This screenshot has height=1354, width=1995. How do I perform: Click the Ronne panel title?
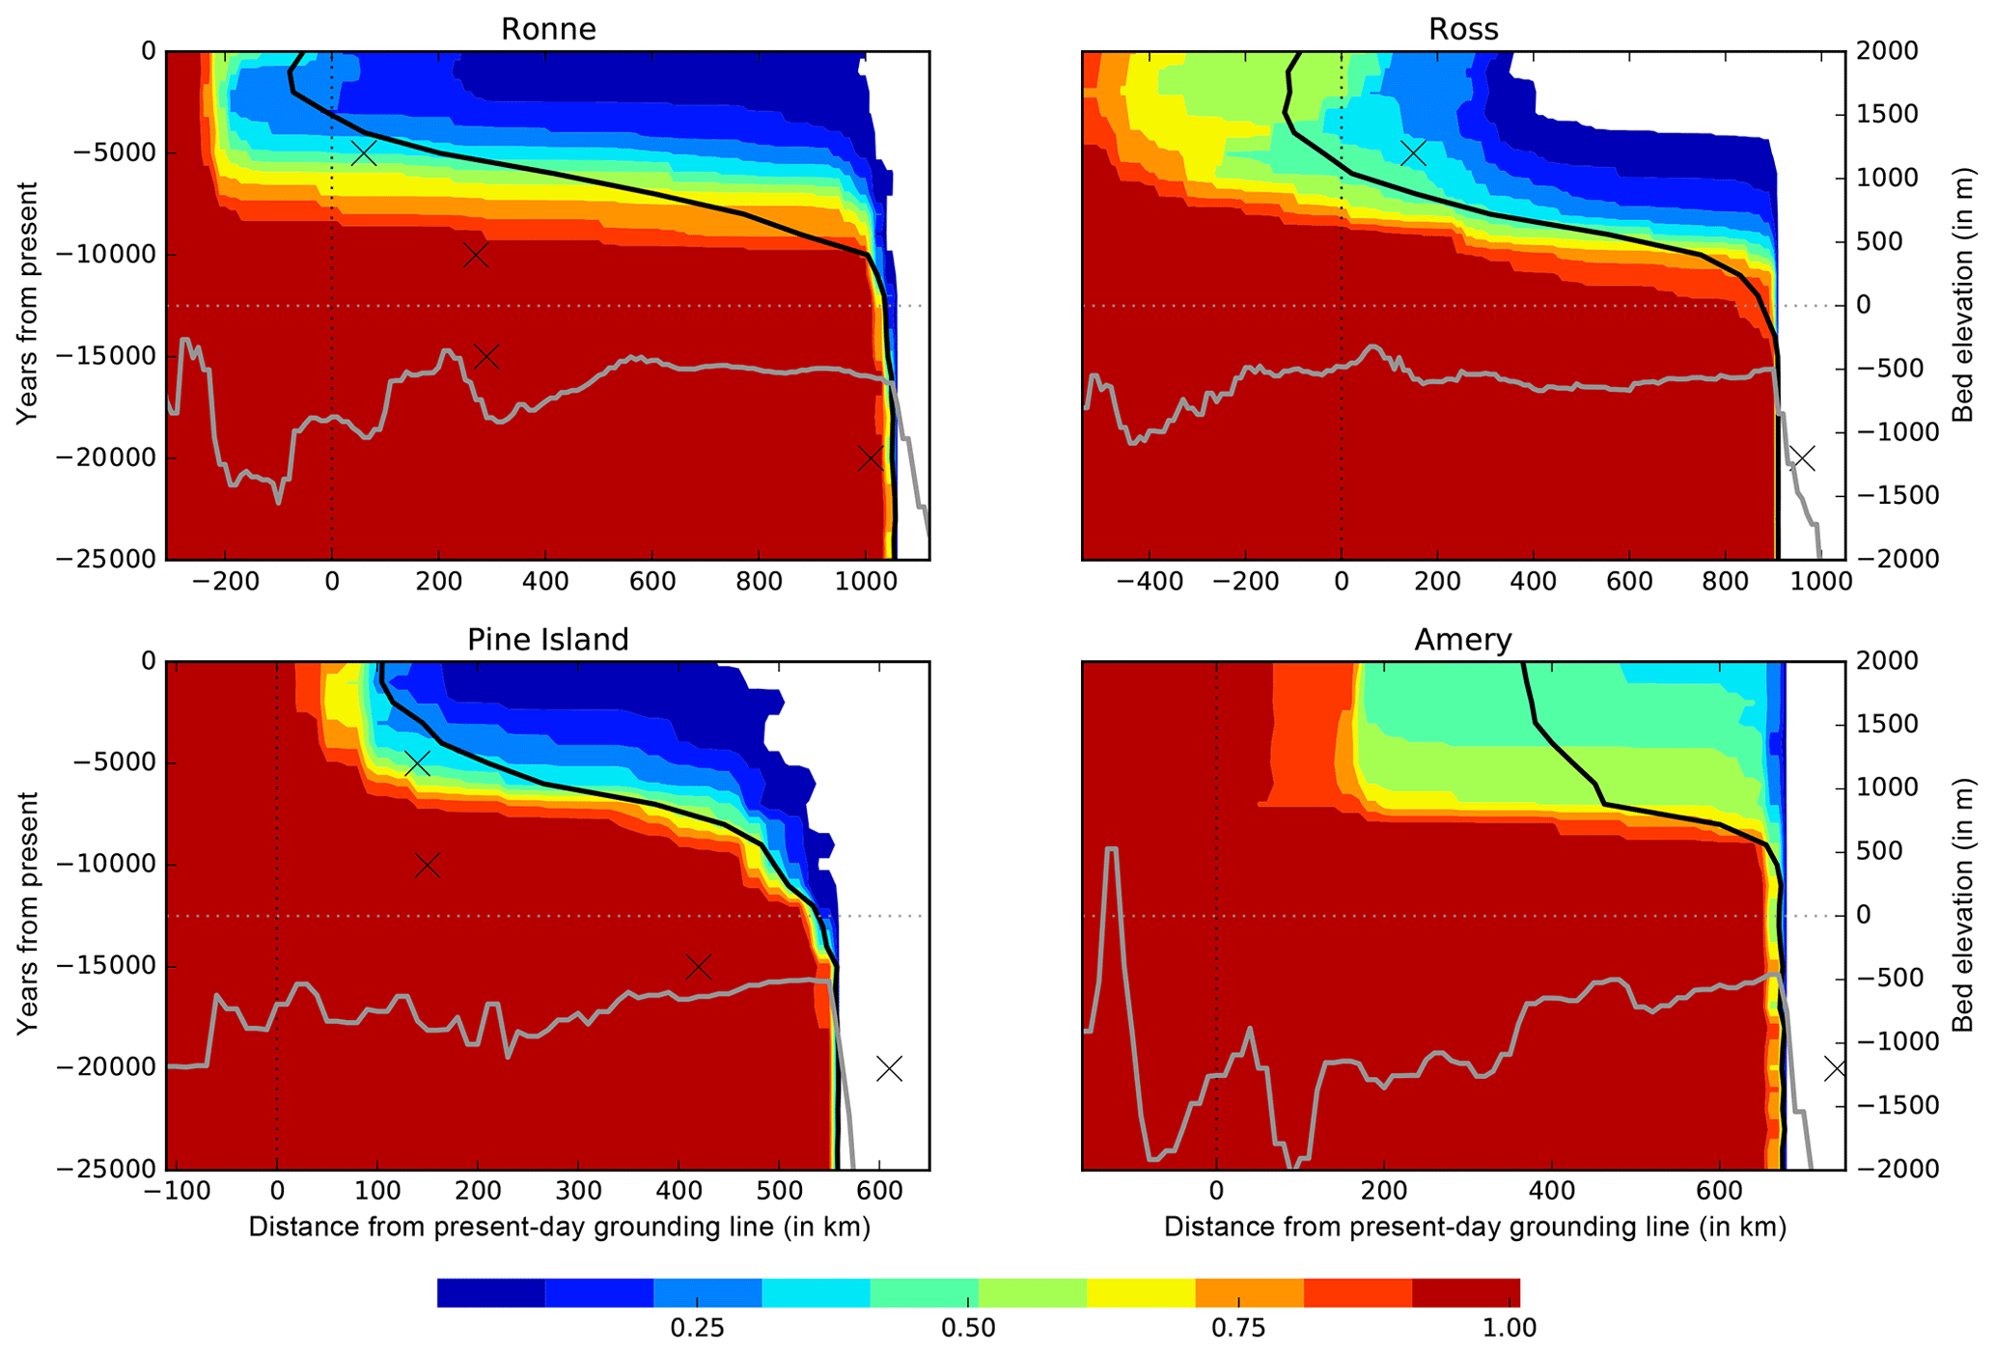pyautogui.click(x=547, y=29)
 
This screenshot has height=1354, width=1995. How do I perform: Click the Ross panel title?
pyautogui.click(x=1463, y=29)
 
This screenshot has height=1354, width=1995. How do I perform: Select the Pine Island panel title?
pyautogui.click(x=547, y=639)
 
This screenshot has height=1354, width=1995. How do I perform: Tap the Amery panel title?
pyautogui.click(x=1463, y=639)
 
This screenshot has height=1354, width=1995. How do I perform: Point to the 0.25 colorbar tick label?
pyautogui.click(x=697, y=1328)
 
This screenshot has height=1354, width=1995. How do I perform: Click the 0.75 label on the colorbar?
pyautogui.click(x=1238, y=1328)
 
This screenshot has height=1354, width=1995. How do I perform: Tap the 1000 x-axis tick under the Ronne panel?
pyautogui.click(x=865, y=582)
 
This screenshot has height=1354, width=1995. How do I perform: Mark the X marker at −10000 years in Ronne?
pyautogui.click(x=475, y=255)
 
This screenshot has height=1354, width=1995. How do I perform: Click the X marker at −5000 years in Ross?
pyautogui.click(x=1413, y=152)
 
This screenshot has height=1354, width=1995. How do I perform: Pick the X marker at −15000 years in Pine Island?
pyautogui.click(x=698, y=966)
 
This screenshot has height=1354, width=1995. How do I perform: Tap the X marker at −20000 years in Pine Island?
pyautogui.click(x=889, y=1068)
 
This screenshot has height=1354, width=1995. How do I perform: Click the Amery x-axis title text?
pyautogui.click(x=1475, y=1227)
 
